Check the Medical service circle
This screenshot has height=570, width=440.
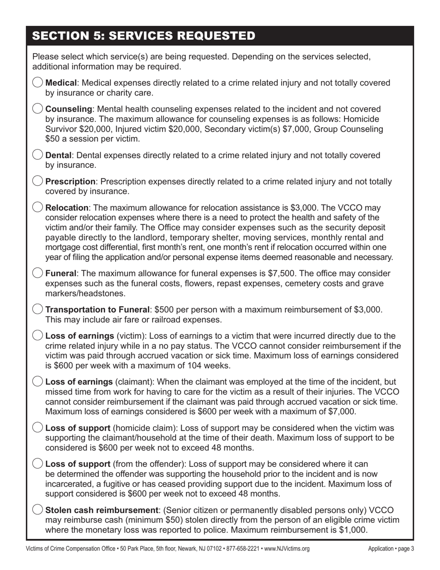pos(38,82)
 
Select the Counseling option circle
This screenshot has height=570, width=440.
pos(38,109)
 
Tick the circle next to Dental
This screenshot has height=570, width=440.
pos(38,155)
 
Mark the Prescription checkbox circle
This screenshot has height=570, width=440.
pos(38,181)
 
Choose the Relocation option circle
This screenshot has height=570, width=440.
pos(38,207)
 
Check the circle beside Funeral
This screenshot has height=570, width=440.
pos(38,273)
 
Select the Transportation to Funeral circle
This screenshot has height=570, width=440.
pos(38,309)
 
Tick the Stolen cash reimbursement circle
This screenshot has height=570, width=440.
pos(38,509)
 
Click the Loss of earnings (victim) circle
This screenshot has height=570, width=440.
pos(38,336)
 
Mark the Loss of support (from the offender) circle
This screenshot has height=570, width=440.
pos(38,463)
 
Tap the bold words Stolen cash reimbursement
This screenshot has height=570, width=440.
pos(98,510)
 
